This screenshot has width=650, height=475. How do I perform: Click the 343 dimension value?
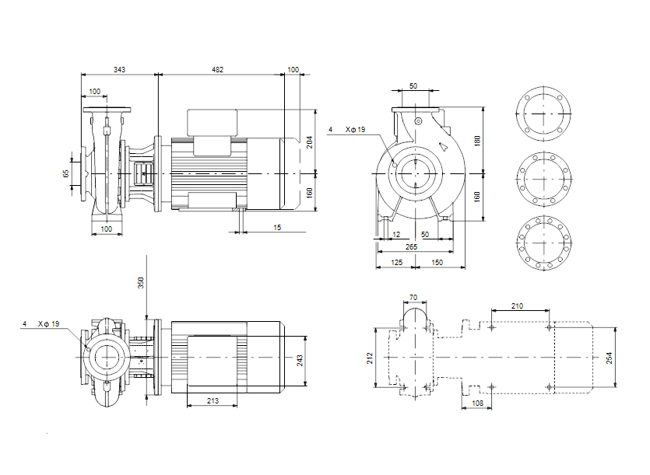[x=119, y=70]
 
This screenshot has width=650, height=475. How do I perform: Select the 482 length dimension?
[x=218, y=70]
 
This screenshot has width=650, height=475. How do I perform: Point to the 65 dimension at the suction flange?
[x=66, y=173]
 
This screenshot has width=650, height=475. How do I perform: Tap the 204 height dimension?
[x=309, y=141]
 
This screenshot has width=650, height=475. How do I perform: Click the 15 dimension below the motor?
[x=277, y=227]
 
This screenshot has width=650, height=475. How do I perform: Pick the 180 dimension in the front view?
[x=477, y=141]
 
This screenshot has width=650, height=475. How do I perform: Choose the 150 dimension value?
[x=437, y=264]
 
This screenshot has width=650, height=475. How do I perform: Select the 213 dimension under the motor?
[x=212, y=401]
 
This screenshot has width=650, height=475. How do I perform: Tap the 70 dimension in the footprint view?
[x=413, y=297]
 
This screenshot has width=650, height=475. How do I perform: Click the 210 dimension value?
[x=517, y=306]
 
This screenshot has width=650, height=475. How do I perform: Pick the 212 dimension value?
[x=371, y=358]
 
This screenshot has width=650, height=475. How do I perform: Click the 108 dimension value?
[x=477, y=403]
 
